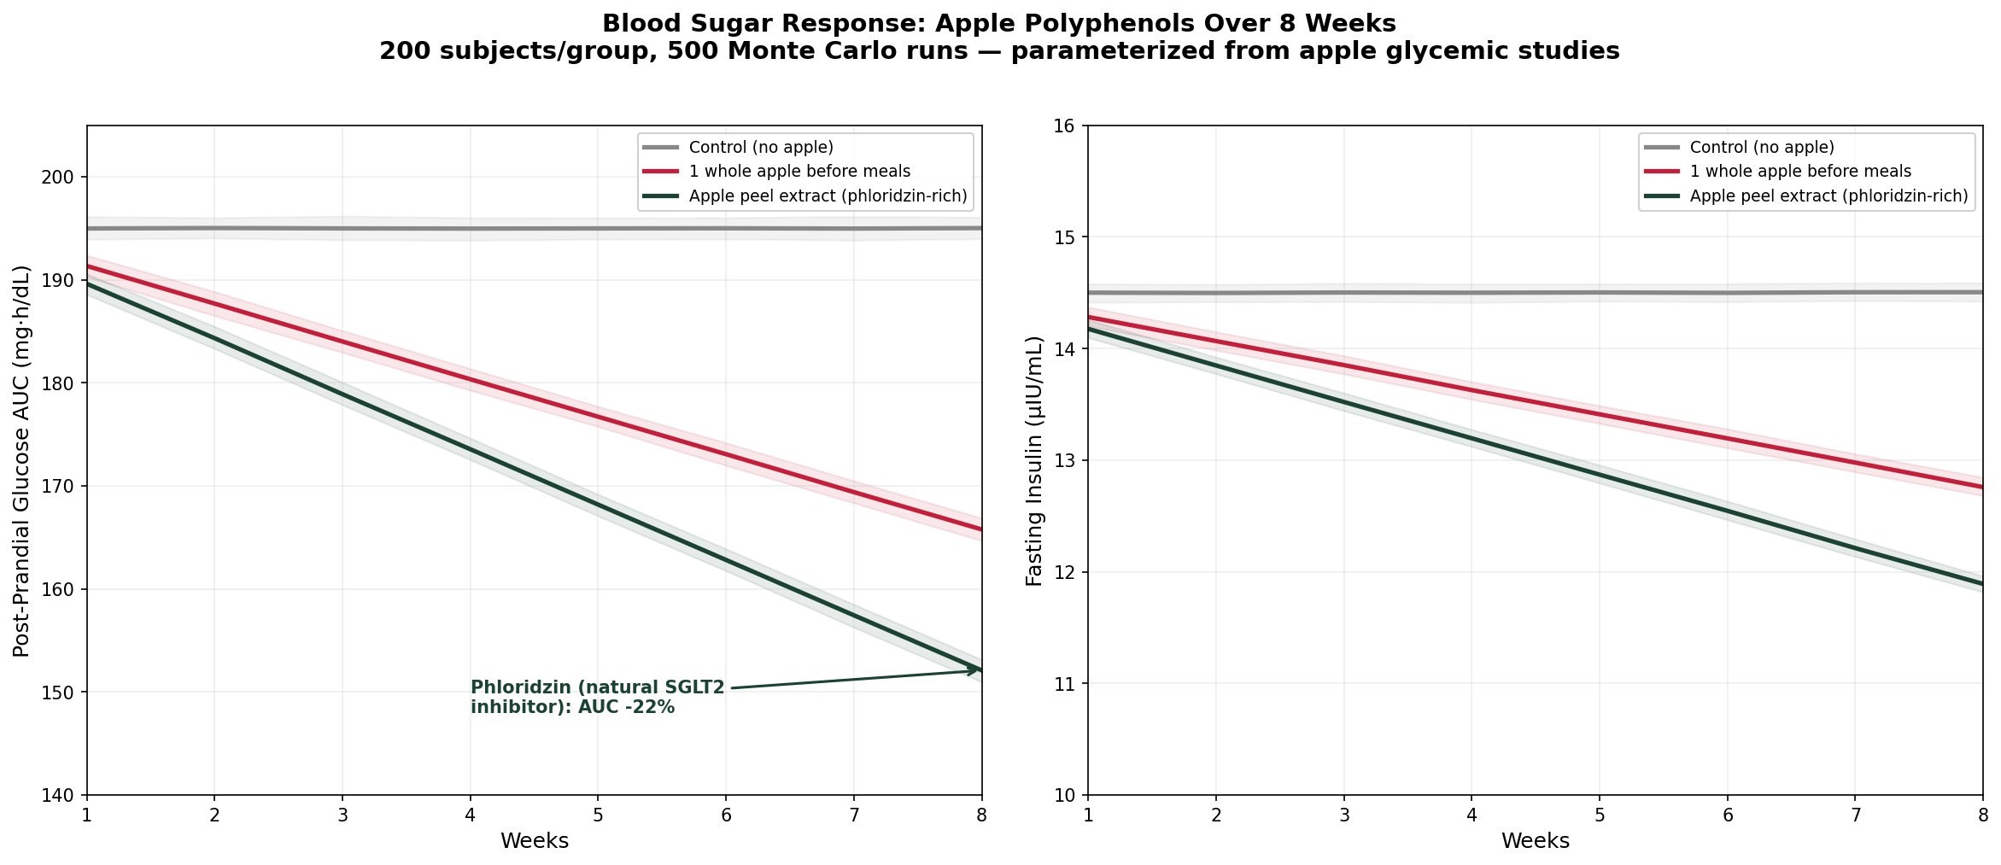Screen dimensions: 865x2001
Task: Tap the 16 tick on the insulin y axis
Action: pyautogui.click(x=1069, y=126)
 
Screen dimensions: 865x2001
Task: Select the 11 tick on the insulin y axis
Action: pyautogui.click(x=1069, y=684)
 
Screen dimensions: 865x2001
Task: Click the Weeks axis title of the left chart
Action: pyautogui.click(x=535, y=841)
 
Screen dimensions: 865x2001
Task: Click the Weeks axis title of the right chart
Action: pyautogui.click(x=1536, y=841)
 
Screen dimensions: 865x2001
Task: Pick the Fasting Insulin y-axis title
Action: pyautogui.click(x=1034, y=461)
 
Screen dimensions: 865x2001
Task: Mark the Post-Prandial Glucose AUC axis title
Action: pyautogui.click(x=22, y=461)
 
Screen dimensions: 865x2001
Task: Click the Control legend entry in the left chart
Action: pyautogui.click(x=761, y=148)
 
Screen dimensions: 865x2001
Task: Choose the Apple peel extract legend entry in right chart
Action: pyautogui.click(x=1828, y=196)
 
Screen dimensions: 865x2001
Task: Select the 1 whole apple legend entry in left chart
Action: pyautogui.click(x=799, y=172)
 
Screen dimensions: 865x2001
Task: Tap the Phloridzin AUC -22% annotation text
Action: pyautogui.click(x=597, y=698)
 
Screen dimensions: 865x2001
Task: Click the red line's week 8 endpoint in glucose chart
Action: pyautogui.click(x=980, y=529)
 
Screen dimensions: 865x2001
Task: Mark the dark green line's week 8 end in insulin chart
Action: pyautogui.click(x=1981, y=583)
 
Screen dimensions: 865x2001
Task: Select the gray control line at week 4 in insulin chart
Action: pyautogui.click(x=1471, y=293)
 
